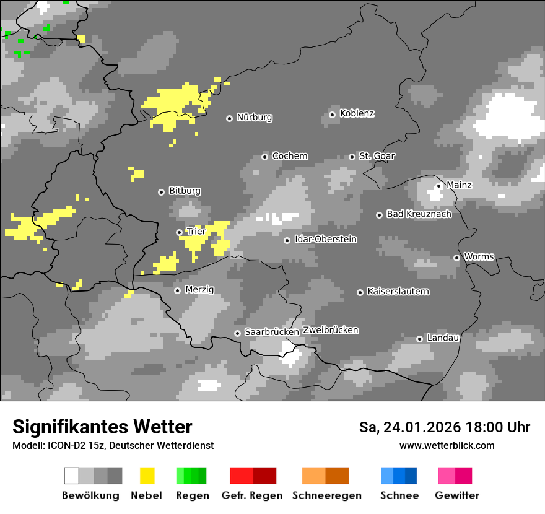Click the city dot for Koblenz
(333, 114)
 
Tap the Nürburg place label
(255, 117)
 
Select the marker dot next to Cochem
(264, 157)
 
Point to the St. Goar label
(377, 156)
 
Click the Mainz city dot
(438, 185)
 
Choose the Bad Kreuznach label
(419, 214)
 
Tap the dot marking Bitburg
(161, 192)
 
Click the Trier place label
(196, 232)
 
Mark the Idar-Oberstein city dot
(287, 240)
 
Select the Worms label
(479, 256)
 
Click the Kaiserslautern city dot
(360, 292)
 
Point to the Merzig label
(199, 290)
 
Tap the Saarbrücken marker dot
(237, 333)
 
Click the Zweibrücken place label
(330, 330)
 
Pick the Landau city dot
(419, 339)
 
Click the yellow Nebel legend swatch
(147, 476)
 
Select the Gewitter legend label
(457, 495)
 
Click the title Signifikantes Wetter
(102, 427)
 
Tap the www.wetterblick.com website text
(447, 445)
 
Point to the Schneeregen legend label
(327, 495)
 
